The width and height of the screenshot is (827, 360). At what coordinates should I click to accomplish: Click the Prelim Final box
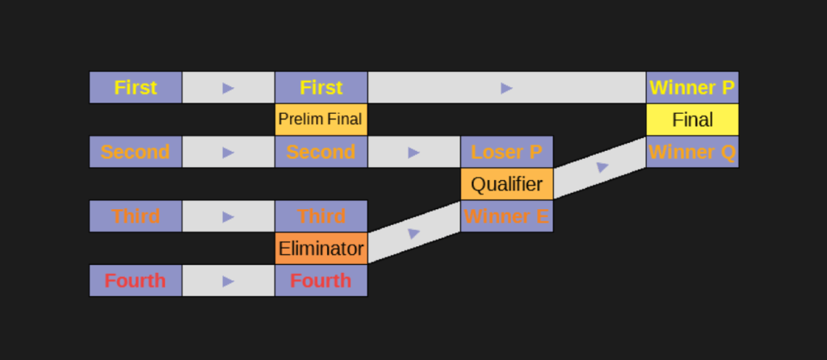point(321,119)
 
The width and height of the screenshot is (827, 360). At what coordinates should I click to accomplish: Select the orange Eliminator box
point(321,249)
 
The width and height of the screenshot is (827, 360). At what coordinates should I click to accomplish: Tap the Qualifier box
point(507,184)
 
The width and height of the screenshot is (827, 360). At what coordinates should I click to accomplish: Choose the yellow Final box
point(692,119)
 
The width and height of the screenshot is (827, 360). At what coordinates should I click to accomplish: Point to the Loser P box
point(507,152)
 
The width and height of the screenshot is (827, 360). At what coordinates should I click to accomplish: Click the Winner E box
point(507,216)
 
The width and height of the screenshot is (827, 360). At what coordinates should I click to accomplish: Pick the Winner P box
point(692,87)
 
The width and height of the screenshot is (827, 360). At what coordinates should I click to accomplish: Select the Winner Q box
point(692,152)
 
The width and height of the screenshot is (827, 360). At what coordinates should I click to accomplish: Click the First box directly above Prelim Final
point(321,87)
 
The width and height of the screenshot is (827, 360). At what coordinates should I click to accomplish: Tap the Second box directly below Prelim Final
point(321,152)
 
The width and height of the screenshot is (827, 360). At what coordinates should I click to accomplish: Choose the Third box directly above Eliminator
point(321,216)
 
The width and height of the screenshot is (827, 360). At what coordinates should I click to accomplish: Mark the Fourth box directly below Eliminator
point(321,281)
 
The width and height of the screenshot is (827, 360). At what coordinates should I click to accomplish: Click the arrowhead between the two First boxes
point(229,87)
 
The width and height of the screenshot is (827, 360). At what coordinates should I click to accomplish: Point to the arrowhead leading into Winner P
point(507,87)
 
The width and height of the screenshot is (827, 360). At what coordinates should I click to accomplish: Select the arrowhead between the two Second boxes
point(229,152)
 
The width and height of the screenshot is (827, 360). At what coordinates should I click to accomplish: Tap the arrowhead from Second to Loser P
point(414,152)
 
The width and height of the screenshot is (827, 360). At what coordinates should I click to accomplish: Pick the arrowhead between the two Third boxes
point(229,216)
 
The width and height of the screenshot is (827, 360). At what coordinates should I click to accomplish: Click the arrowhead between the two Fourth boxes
point(229,281)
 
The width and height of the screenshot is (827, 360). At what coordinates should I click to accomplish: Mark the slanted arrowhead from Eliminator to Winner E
point(414,233)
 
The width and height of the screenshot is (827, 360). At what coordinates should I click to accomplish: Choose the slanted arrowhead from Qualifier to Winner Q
point(602,167)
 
